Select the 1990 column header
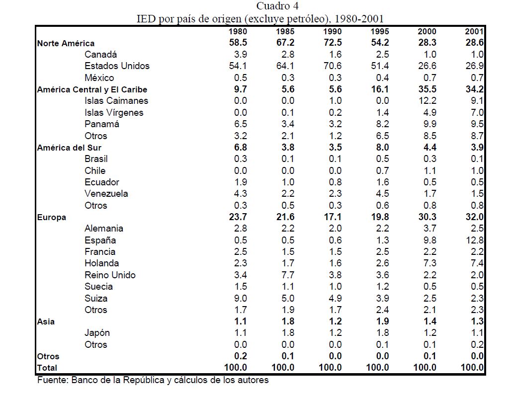(x=332, y=31)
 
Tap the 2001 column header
(x=474, y=31)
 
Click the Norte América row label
(x=66, y=43)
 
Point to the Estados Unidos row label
(x=117, y=66)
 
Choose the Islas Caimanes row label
(x=116, y=101)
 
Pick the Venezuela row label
(x=106, y=194)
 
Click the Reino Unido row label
(x=110, y=275)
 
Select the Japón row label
(x=97, y=333)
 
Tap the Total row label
(x=47, y=368)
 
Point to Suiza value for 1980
(x=240, y=299)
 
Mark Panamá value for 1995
(x=380, y=124)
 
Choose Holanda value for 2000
(x=428, y=263)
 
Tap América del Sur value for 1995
(x=380, y=148)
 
